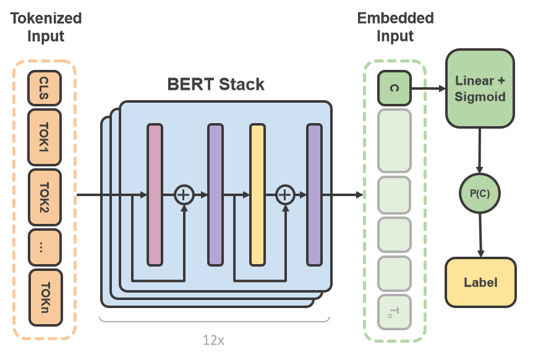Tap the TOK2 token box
(x=45, y=197)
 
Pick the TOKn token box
(x=45, y=298)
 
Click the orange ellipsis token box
(x=45, y=247)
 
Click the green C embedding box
(x=394, y=88)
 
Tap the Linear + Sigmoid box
(x=479, y=88)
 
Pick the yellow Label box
(x=480, y=282)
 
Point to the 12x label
(x=213, y=340)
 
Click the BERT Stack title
(x=216, y=84)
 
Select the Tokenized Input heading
(x=46, y=27)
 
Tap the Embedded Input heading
(x=395, y=27)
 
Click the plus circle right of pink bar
(x=184, y=195)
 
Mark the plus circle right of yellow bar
(x=284, y=195)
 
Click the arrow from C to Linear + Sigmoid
(x=428, y=88)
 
